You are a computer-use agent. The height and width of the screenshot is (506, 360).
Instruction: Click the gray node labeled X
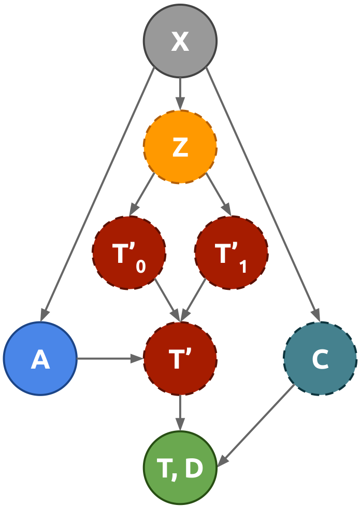(180, 41)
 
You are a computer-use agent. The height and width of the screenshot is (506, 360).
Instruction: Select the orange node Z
(180, 147)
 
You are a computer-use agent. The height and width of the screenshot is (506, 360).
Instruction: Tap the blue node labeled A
(40, 359)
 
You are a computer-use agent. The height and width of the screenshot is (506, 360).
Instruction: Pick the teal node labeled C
(320, 359)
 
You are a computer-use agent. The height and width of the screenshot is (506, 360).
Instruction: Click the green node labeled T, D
(180, 468)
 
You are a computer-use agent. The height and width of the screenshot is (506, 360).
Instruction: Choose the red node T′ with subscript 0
(128, 253)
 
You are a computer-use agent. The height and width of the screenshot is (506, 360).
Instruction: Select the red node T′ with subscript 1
(231, 253)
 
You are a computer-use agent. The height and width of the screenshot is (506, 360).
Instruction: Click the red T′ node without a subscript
(180, 359)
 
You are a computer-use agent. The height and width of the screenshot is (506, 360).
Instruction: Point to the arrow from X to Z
(180, 93)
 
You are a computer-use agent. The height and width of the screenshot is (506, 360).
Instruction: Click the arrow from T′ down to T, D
(180, 413)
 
